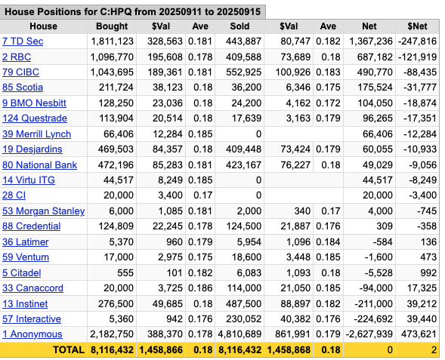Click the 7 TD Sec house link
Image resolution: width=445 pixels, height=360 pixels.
(23, 42)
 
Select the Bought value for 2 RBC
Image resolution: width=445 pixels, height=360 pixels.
(112, 57)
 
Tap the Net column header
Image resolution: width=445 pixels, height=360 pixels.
(369, 26)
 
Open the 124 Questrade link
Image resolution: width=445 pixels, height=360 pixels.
(35, 118)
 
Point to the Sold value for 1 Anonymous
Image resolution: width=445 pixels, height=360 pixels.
(239, 334)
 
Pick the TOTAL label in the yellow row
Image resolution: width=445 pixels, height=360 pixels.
(69, 349)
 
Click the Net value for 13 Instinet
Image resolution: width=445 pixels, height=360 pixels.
(373, 303)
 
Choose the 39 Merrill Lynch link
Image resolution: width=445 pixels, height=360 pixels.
(36, 134)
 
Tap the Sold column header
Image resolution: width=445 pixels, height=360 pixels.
(239, 26)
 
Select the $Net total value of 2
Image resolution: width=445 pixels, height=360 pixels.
(434, 349)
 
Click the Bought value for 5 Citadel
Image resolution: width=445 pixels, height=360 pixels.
(125, 272)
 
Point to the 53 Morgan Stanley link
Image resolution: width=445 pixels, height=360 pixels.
(43, 211)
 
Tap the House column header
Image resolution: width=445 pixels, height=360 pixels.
(43, 26)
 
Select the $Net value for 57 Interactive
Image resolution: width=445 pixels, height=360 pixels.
(422, 319)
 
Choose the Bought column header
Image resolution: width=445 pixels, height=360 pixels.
(112, 26)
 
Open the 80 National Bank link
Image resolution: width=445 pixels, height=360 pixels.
(39, 165)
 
